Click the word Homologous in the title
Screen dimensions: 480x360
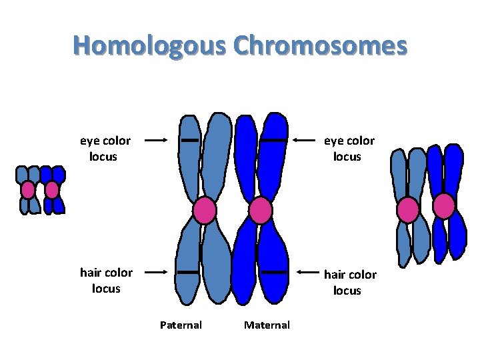[x=153, y=47]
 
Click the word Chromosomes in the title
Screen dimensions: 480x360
[x=321, y=47]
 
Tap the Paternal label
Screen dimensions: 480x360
[x=181, y=325]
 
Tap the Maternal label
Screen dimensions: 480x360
[x=267, y=325]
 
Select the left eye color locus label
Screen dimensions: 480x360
[x=105, y=149]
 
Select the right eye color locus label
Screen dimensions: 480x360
[x=349, y=149]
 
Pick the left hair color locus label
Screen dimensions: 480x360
[x=106, y=280]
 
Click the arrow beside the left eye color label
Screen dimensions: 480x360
[x=155, y=141]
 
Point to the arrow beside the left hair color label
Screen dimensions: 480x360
[x=155, y=272]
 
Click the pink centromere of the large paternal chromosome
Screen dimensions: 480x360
[x=205, y=211]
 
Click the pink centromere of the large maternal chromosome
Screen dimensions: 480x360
[x=260, y=211]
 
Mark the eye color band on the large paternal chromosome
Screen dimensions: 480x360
[x=189, y=141]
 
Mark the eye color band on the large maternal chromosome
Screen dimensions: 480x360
[x=273, y=141]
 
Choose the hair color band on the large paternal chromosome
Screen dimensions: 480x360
[x=189, y=272]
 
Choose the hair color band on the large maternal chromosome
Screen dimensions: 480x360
[x=273, y=272]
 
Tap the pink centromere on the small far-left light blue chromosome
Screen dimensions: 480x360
[x=27, y=190]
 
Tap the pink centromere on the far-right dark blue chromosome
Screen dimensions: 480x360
[x=444, y=206]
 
